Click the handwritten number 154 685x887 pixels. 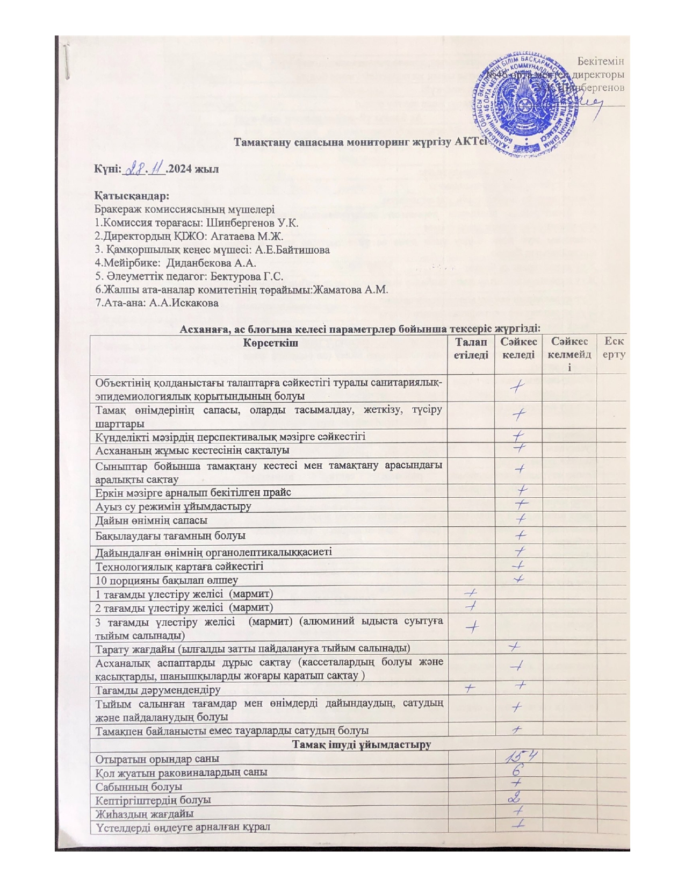coord(520,756)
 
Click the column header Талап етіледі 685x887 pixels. coord(471,348)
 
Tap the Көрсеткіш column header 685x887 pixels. coord(269,342)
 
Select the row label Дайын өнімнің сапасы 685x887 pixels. coord(152,520)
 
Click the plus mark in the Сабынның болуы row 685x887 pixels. coord(519,784)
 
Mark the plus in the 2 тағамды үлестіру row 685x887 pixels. coord(471,606)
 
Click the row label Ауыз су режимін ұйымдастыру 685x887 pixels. coord(174,506)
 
